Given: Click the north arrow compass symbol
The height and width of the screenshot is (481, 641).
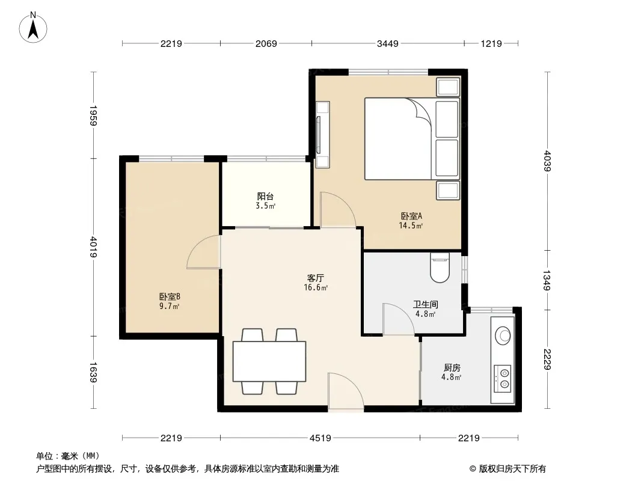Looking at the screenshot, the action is pos(33,27).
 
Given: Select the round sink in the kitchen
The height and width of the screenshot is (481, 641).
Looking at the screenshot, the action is pos(503,335).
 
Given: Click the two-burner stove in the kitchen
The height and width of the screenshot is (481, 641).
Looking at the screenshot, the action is pos(503,378).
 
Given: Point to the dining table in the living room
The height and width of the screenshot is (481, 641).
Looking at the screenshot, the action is pos(269,361).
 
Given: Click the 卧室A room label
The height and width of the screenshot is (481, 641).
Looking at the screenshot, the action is pos(411,216).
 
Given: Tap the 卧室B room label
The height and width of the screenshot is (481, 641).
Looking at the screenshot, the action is pos(170,296).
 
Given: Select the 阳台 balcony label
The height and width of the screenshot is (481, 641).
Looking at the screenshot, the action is pos(265,196).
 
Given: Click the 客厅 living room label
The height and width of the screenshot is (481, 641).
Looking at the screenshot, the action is pos(316,278).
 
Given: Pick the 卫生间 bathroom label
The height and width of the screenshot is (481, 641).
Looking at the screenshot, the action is pos(425,304).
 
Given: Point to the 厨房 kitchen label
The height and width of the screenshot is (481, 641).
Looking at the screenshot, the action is pos(452,368).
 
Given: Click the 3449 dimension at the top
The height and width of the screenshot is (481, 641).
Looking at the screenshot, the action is pos(387,43).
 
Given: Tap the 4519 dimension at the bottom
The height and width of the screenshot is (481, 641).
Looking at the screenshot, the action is pos(320,438).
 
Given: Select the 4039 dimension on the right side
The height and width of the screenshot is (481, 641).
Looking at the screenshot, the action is pos(547,161).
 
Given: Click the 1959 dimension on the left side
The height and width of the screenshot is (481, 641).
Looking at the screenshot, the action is pos(93,115).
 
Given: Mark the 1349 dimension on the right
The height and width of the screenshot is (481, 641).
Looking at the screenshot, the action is pos(547,280).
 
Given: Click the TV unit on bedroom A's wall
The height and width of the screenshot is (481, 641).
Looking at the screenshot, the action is pos(322,135).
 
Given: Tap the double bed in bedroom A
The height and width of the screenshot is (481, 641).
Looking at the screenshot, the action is pos(412,138).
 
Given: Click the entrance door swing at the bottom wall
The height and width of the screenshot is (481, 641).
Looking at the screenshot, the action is pos(346,391).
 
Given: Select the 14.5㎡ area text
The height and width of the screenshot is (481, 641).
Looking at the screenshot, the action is pos(411,225).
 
